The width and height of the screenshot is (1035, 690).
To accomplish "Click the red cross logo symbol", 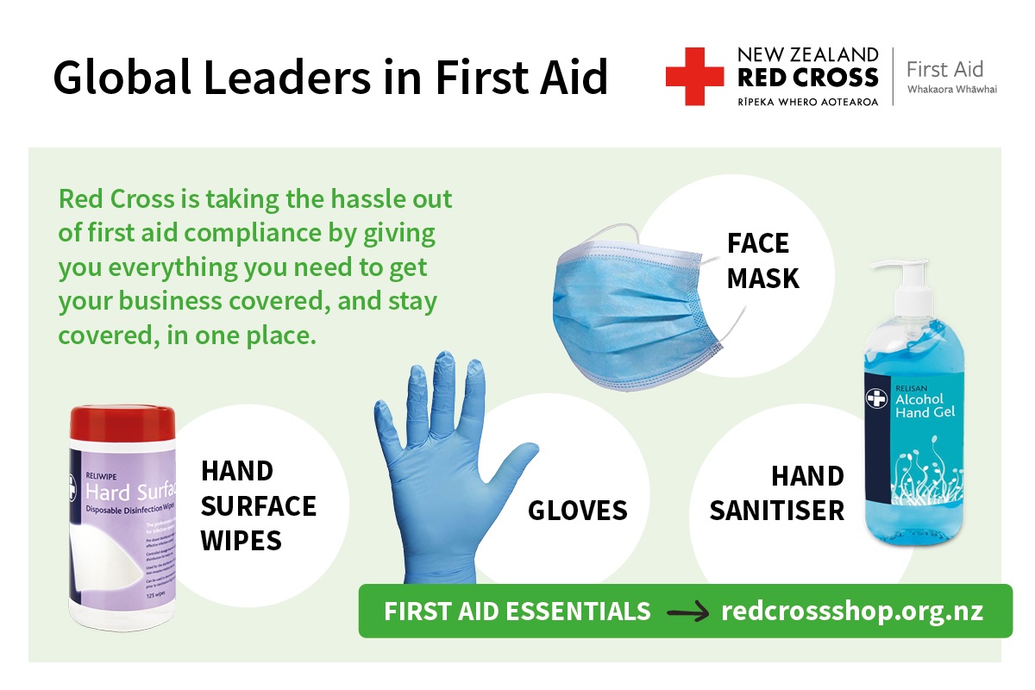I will [694, 77].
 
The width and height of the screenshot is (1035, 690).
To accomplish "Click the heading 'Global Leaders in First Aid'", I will [330, 77].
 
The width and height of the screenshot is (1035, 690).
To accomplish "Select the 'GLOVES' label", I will [577, 510].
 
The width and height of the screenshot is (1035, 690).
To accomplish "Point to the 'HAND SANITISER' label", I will [776, 493].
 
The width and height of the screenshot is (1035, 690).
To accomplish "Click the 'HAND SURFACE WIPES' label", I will [258, 505].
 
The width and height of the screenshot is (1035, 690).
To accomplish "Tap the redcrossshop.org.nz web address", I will [851, 612].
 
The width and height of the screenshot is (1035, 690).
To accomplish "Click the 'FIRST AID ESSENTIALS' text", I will [517, 612].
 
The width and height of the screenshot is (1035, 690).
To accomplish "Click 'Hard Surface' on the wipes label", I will [129, 492].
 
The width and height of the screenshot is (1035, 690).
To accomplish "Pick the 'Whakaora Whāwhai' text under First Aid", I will [951, 90].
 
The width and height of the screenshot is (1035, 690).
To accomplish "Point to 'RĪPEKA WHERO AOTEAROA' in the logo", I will [807, 101].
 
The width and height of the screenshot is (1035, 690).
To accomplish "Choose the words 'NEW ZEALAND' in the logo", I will [807, 54].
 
